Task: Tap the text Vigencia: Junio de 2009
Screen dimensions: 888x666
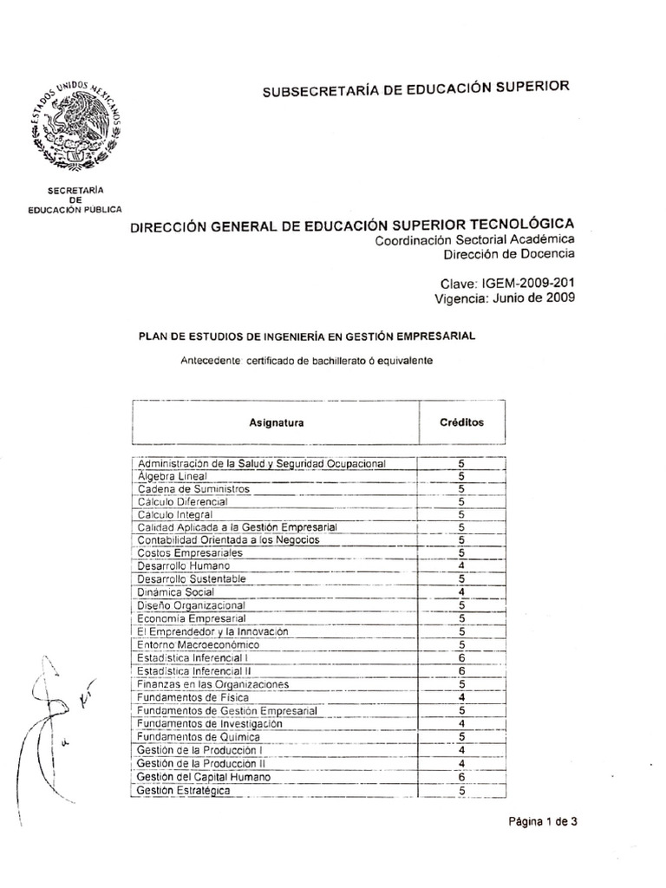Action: coord(504,298)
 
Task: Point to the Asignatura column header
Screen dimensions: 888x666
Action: coord(277,422)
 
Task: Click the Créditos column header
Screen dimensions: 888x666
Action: coord(462,421)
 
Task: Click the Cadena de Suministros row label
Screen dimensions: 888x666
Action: coord(181,489)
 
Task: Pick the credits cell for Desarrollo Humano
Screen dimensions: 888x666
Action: coord(462,565)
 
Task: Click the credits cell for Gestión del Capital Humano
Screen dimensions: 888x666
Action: coord(462,776)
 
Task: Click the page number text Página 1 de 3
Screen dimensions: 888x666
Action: coord(542,824)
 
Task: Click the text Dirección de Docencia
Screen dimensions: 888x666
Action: coord(508,254)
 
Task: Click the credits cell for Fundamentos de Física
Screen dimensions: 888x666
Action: coord(462,698)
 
